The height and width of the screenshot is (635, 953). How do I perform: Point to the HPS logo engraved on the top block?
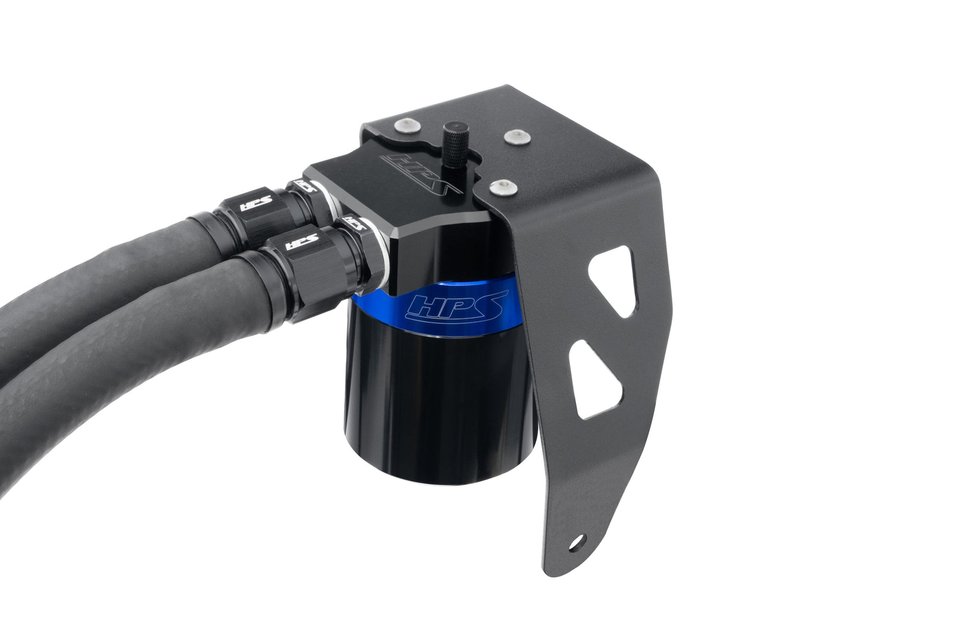coord(422,177)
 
